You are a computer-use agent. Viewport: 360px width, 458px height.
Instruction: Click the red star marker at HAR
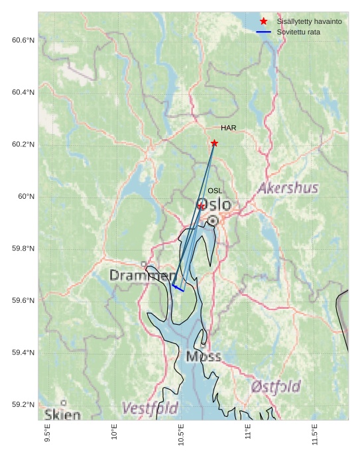click(214, 143)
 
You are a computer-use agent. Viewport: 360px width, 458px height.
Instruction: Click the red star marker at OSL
click(201, 206)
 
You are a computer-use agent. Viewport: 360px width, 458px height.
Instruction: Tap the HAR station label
click(229, 128)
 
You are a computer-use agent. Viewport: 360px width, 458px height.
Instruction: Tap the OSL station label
click(215, 191)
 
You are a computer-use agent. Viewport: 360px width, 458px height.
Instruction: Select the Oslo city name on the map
click(215, 204)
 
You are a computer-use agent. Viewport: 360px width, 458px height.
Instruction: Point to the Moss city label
click(203, 357)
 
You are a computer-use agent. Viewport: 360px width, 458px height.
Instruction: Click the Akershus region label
click(288, 188)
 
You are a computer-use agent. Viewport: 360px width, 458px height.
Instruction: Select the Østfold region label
click(275, 386)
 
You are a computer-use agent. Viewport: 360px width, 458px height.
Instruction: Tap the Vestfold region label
click(150, 408)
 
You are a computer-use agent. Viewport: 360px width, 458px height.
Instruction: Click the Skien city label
click(62, 415)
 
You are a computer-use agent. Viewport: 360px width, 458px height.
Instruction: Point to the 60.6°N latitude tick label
click(23, 40)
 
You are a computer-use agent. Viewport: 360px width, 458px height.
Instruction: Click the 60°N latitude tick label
click(26, 196)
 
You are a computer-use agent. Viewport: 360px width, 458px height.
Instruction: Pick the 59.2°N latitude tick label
click(23, 404)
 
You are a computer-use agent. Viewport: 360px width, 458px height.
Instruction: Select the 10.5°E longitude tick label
click(181, 435)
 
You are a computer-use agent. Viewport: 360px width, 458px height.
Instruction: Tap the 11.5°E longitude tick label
click(314, 435)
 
